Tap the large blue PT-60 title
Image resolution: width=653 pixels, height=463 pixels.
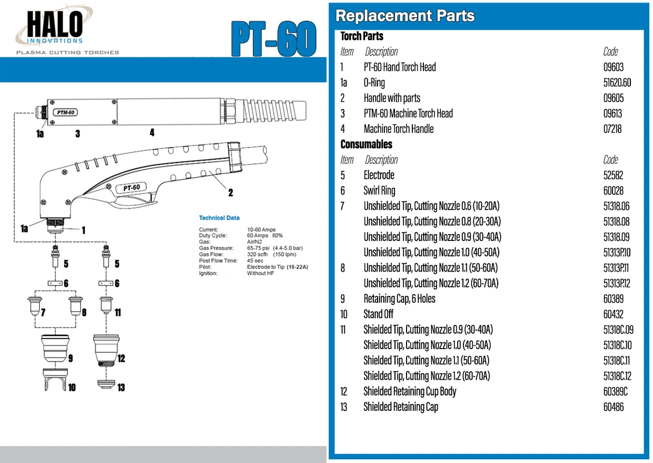click(274, 38)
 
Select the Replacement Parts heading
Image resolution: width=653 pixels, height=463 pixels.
click(405, 16)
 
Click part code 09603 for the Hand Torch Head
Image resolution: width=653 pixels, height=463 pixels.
click(614, 67)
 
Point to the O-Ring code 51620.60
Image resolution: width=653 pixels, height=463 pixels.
click(617, 83)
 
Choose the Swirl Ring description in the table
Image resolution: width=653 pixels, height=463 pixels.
click(379, 190)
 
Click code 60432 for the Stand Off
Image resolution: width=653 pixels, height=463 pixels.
click(614, 314)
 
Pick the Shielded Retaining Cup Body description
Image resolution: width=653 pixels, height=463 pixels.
click(410, 391)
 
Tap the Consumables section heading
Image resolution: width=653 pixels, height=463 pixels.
click(366, 144)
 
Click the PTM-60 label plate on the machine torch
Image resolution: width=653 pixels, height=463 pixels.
click(65, 112)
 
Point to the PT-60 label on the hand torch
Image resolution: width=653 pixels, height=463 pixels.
click(131, 187)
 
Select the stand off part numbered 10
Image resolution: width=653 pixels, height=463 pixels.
click(55, 379)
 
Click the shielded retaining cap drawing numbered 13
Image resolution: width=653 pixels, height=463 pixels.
click(106, 384)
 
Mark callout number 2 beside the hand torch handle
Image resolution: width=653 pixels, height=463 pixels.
click(231, 192)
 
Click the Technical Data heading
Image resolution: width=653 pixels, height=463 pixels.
click(219, 218)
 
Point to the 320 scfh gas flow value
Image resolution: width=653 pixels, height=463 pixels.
click(257, 254)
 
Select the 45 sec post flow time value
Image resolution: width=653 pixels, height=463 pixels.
click(255, 261)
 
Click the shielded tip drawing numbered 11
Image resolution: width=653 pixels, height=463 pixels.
click(106, 306)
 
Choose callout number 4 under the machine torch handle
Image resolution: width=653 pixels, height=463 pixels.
click(152, 133)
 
